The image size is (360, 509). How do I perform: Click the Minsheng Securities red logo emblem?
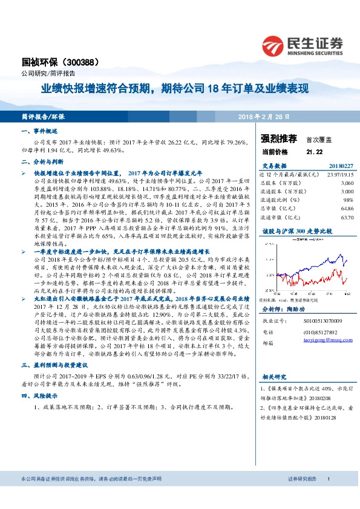click(x=273, y=45)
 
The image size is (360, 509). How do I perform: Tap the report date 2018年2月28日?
click(x=264, y=116)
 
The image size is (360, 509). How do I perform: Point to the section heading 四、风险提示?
click(x=39, y=397)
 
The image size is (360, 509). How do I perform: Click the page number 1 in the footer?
click(x=328, y=496)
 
